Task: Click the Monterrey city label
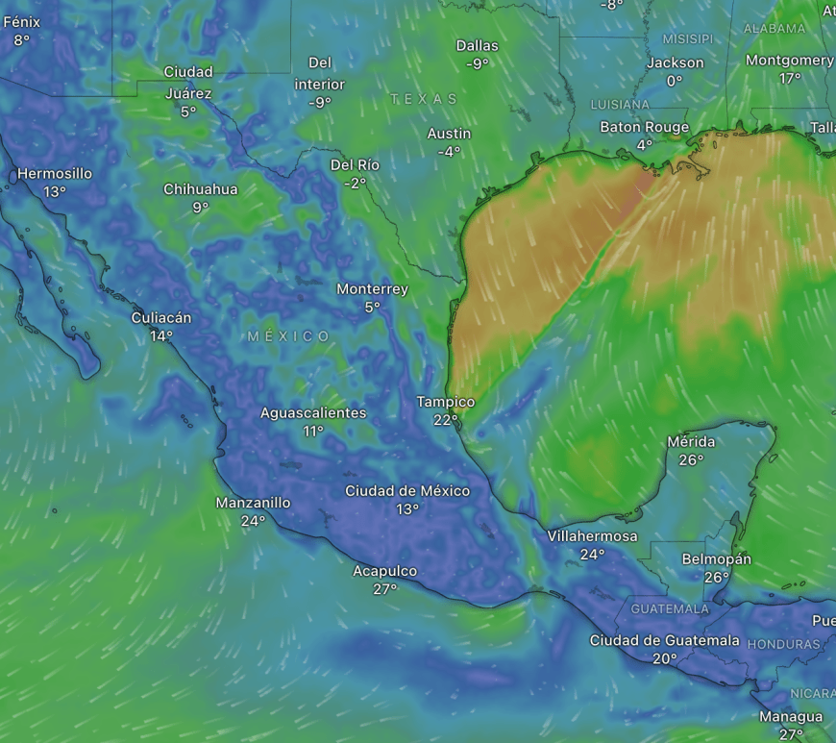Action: click(x=372, y=289)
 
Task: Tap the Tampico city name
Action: click(x=445, y=402)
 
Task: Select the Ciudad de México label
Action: click(x=407, y=491)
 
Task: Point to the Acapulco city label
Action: click(x=384, y=571)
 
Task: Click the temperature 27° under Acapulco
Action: click(x=384, y=589)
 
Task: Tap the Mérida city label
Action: click(x=691, y=442)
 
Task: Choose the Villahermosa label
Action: click(x=592, y=536)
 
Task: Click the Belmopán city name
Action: click(x=716, y=559)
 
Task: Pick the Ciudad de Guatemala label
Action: click(x=665, y=641)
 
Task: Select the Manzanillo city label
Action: click(x=253, y=503)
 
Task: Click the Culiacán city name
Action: click(x=161, y=318)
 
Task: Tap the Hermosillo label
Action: click(x=55, y=174)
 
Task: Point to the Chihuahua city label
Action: click(x=200, y=189)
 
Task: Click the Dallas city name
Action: click(x=477, y=45)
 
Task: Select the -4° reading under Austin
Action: click(x=449, y=152)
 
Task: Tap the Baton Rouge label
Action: click(x=644, y=127)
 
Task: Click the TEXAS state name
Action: click(x=424, y=99)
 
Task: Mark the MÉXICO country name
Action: click(x=288, y=336)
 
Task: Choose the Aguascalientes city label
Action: click(x=313, y=413)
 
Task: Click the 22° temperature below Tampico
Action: click(x=445, y=420)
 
